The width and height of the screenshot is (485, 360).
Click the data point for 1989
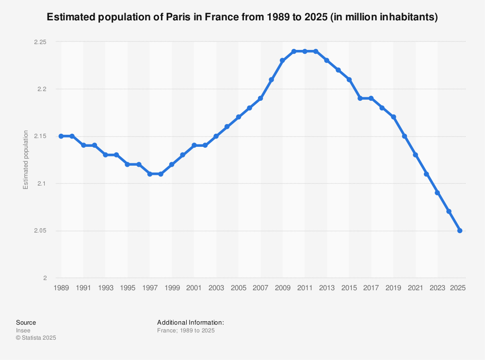61,136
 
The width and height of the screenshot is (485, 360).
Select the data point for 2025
459,231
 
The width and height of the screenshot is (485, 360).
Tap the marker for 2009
282,61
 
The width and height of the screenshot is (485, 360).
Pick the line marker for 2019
393,117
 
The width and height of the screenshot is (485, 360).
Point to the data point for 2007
260,98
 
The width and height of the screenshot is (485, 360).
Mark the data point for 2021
415,155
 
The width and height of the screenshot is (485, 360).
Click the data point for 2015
349,79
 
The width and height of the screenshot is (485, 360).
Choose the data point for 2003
216,136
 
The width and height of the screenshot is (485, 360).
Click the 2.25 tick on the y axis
40,42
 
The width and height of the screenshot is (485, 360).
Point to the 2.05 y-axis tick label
40,231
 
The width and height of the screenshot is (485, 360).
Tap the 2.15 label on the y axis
40,136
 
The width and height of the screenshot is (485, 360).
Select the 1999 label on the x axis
172,288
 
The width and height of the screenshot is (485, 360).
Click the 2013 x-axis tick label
327,288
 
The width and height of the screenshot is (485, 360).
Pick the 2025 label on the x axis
458,288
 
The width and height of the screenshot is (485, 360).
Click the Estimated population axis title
26,160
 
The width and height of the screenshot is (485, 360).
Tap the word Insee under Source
23,330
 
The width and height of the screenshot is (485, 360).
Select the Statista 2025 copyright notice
36,338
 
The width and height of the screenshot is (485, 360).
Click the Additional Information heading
190,322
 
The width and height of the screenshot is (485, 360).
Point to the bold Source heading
26,322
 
